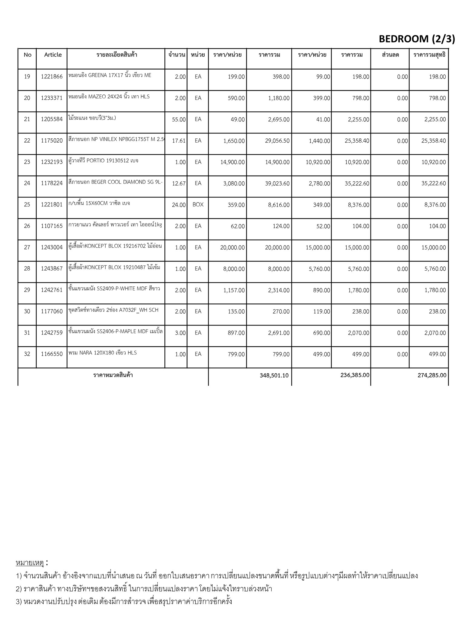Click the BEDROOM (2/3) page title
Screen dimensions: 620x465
[x=417, y=39]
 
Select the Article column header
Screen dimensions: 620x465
[x=53, y=55]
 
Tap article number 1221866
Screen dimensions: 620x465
[x=52, y=77]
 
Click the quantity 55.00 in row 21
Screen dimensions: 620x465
[x=179, y=120]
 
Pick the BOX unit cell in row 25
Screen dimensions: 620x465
[x=198, y=205]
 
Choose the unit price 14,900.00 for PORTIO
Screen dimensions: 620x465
[x=232, y=162]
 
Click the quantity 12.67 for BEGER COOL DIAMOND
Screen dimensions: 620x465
[x=179, y=183]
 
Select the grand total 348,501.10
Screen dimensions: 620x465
[x=274, y=375]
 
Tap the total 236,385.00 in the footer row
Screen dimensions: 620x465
[x=355, y=375]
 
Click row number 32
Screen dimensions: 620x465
[x=27, y=354]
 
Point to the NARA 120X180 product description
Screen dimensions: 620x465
[x=103, y=353]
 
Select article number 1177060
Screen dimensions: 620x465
[x=52, y=311]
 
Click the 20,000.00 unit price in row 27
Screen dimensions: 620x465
[x=232, y=248]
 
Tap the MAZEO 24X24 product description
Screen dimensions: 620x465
[x=109, y=97]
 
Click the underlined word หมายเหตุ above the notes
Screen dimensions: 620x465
[x=30, y=563]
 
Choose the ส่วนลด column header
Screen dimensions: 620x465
[x=390, y=55]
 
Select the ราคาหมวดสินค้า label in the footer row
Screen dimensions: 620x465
[x=113, y=375]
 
